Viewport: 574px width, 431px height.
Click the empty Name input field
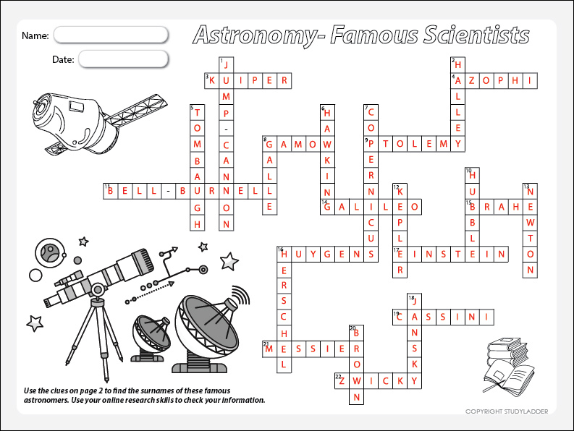click(111, 35)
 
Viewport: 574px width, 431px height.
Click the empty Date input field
click(123, 59)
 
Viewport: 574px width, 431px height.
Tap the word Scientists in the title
click(476, 35)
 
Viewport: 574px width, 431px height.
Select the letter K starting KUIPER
click(212, 80)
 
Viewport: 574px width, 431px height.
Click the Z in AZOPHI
click(472, 80)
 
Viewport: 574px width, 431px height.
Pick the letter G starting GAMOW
click(269, 145)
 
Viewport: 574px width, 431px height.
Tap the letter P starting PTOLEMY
click(371, 144)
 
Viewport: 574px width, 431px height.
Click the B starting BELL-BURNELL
click(110, 191)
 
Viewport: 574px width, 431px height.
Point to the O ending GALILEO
click(414, 207)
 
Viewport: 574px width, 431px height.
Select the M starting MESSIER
click(269, 349)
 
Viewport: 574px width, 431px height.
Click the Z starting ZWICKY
click(342, 381)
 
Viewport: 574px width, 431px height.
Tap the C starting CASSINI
click(400, 317)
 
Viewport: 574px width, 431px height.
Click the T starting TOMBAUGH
click(197, 112)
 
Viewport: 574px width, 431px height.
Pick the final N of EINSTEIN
click(501, 254)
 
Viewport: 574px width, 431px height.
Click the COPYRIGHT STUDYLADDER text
click(507, 411)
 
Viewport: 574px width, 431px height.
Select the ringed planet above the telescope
click(50, 252)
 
